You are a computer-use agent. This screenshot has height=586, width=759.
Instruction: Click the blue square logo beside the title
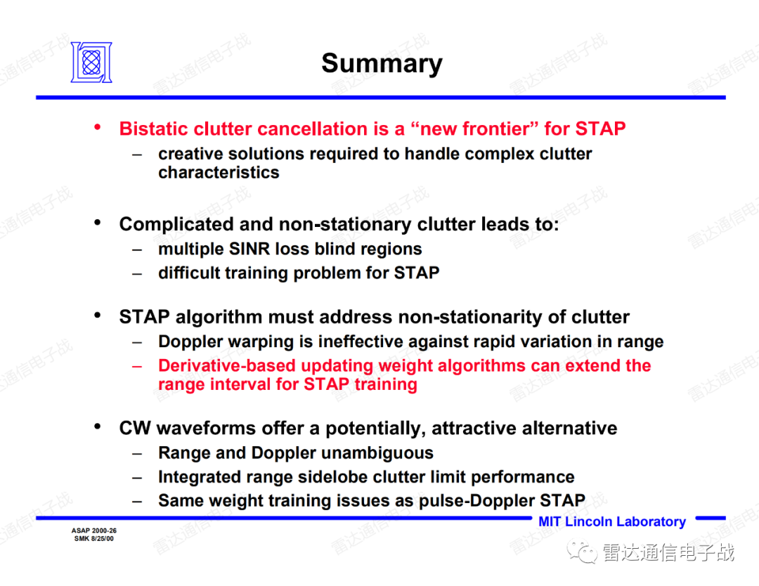pyautogui.click(x=91, y=62)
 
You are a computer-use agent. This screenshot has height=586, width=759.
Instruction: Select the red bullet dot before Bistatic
pyautogui.click(x=97, y=127)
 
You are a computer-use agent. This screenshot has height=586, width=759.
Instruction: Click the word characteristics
pyautogui.click(x=219, y=172)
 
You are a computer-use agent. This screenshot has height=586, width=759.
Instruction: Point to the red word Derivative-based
pyautogui.click(x=226, y=365)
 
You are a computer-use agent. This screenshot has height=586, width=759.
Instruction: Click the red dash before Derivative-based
pyautogui.click(x=138, y=366)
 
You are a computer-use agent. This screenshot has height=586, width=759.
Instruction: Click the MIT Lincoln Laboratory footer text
pyautogui.click(x=612, y=521)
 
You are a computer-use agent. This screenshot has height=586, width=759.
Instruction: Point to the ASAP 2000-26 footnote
pyautogui.click(x=94, y=530)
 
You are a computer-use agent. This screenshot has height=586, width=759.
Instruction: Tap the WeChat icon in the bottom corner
pyautogui.click(x=582, y=552)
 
